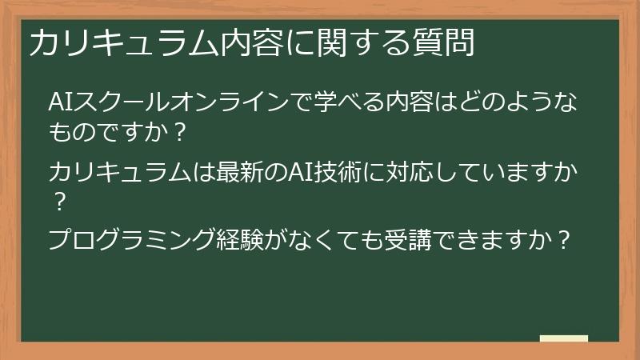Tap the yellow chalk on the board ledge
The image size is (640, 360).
[563, 338]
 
